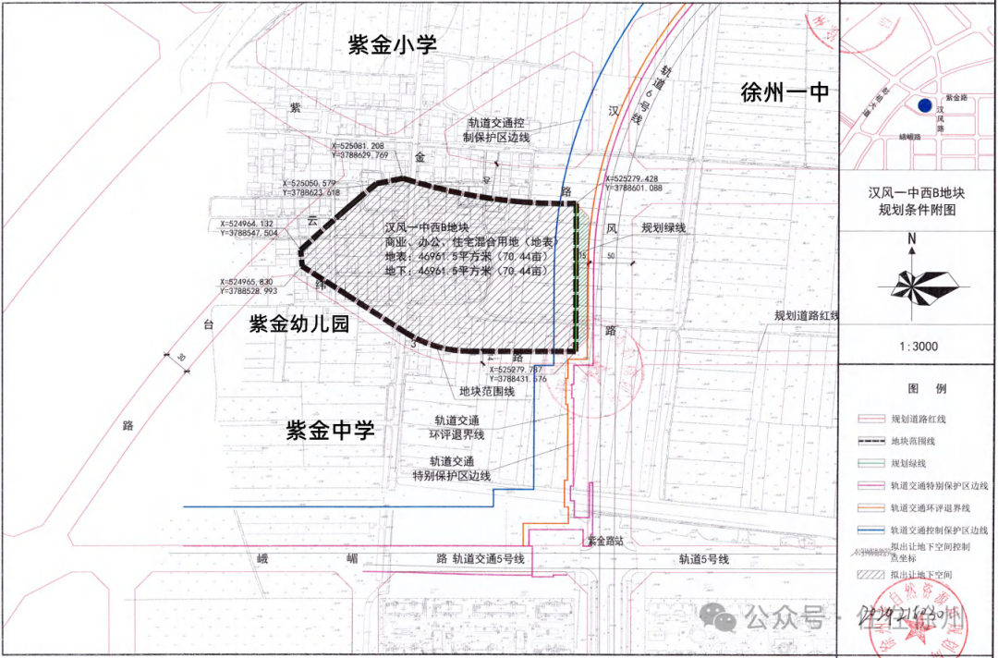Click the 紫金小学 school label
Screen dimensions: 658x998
392,45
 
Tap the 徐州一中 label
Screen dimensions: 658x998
785,92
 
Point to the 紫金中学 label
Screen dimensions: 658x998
330,431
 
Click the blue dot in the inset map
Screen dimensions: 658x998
925,105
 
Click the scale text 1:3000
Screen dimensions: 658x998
917,347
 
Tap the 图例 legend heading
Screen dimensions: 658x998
917,388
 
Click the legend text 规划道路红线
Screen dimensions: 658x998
918,420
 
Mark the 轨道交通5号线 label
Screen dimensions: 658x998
489,559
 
